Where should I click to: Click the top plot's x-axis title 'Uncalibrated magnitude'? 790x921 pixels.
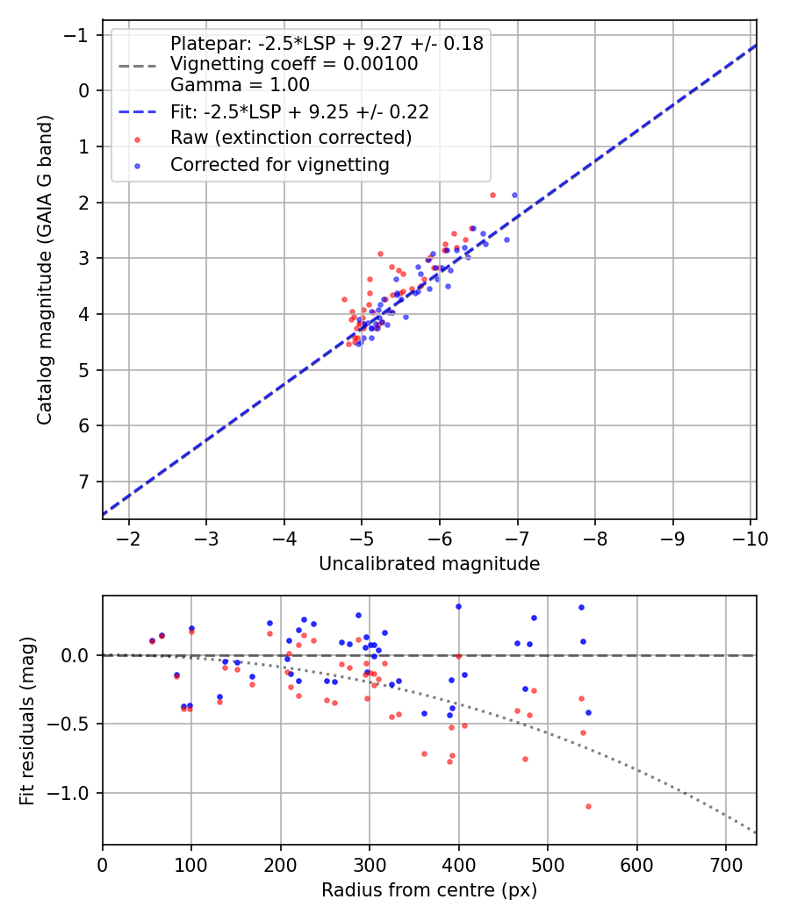428,563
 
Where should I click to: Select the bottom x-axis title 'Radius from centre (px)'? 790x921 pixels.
428,890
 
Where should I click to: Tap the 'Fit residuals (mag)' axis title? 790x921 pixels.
27,720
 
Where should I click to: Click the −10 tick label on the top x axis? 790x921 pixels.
750,538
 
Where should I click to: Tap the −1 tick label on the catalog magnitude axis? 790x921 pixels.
80,35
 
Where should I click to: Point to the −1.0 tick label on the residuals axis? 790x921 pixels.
73,793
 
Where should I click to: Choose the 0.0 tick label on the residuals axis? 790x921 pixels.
78,655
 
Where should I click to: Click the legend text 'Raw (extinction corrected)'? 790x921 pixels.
291,138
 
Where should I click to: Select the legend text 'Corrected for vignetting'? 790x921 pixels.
279,164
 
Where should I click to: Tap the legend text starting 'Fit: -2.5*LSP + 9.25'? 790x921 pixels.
299,112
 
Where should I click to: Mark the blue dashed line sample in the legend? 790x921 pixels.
137,112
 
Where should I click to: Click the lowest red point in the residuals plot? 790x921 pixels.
588,806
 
